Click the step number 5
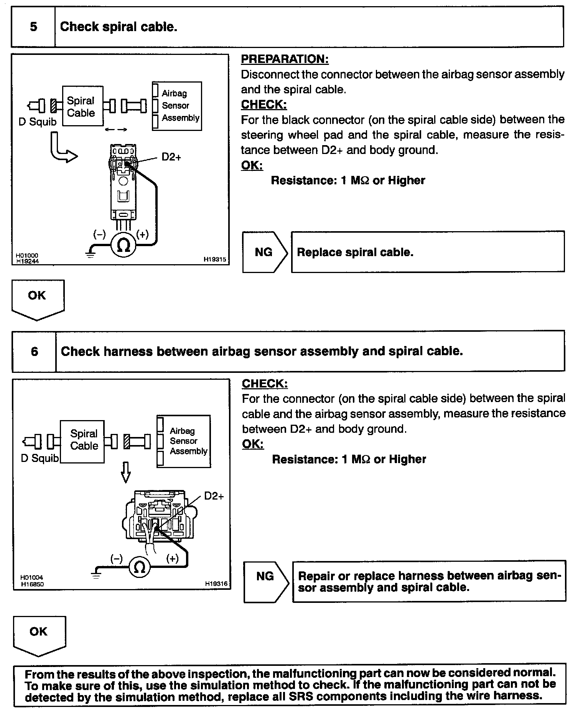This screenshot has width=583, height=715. click(33, 27)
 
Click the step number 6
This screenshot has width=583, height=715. click(34, 351)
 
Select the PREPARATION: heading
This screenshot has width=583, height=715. click(285, 59)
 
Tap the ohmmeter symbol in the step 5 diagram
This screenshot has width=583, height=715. click(124, 245)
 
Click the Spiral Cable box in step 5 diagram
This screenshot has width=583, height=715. click(82, 106)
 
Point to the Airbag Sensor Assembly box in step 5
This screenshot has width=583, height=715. click(177, 106)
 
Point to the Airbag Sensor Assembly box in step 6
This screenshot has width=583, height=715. click(184, 441)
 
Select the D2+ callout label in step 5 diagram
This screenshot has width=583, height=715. click(171, 157)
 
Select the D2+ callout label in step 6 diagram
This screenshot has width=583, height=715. click(214, 496)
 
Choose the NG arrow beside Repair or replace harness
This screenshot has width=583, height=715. click(266, 576)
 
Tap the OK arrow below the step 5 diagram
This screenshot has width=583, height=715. click(38, 298)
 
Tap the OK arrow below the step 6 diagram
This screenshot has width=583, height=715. click(39, 634)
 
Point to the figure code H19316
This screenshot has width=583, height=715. click(216, 584)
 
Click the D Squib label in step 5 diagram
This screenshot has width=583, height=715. click(37, 122)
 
